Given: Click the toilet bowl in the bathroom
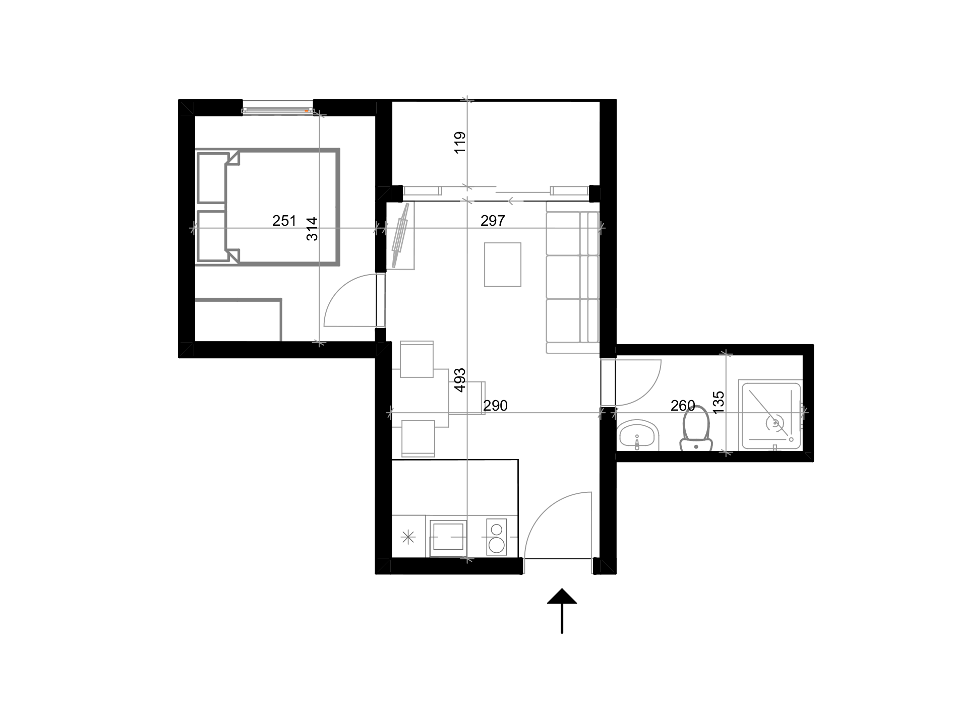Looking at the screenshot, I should point(696,426).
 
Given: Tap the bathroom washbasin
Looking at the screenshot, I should point(637,435).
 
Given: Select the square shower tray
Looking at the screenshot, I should point(769,416).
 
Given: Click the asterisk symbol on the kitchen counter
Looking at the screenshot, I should point(408,537).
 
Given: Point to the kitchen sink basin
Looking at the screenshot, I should point(447,537).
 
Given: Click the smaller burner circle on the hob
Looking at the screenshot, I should point(497,530).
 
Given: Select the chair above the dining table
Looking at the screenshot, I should point(416,358).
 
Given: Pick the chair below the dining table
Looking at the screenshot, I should point(418,438).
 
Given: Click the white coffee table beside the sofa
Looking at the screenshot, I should point(503,265).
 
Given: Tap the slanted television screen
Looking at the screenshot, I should point(401,235).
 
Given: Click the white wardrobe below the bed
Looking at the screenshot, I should point(237,320).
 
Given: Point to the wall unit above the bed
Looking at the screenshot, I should point(277,108).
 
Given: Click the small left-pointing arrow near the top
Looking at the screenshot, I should point(515,201).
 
